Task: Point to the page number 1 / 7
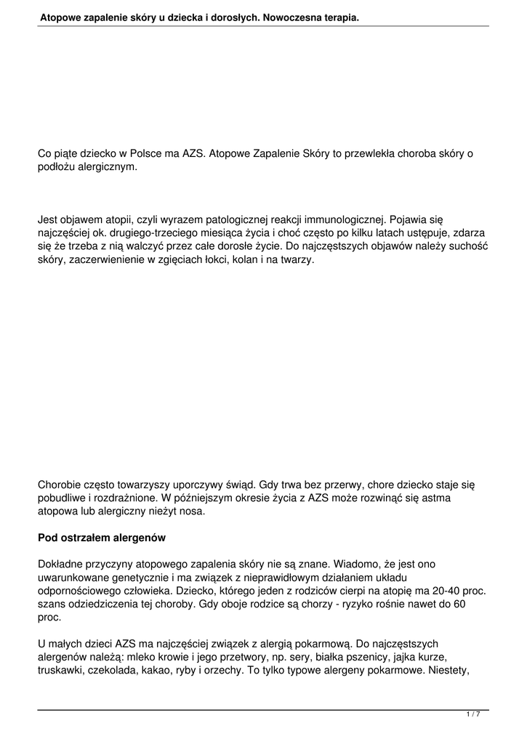point(473,715)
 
